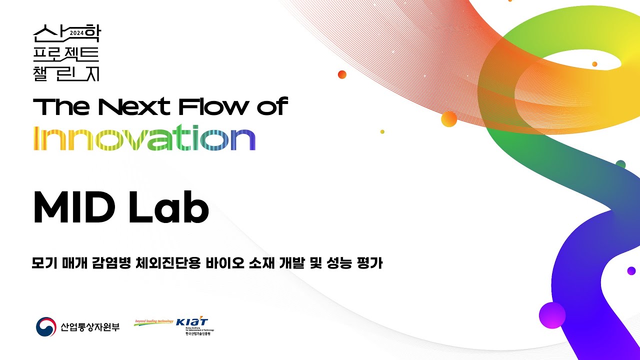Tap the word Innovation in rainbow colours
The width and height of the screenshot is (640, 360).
coord(144,138)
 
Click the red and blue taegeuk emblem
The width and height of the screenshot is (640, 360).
coord(45,327)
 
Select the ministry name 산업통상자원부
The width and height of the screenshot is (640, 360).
coord(90,327)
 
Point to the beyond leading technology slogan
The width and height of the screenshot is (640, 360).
coord(153,321)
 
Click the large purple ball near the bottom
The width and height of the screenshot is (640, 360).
coord(552,315)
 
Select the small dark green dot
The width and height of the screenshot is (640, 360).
coord(620,164)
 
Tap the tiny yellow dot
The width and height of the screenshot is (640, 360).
coord(382,131)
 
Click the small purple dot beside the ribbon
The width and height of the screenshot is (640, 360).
coord(631,270)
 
